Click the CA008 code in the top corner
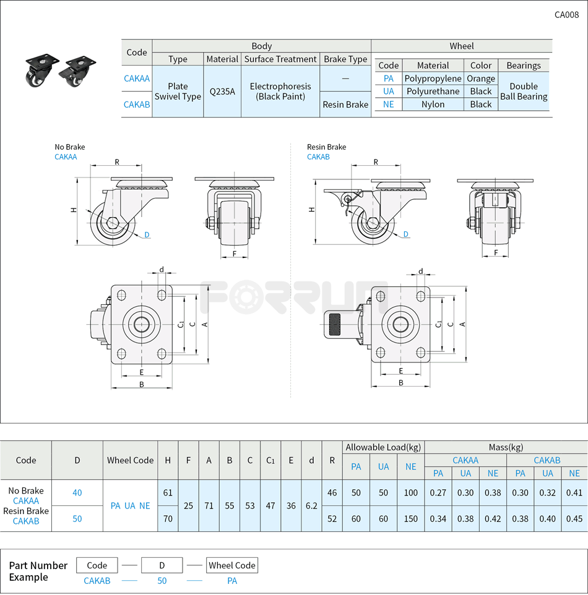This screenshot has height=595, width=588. tap(566, 15)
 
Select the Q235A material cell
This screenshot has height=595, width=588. tap(222, 92)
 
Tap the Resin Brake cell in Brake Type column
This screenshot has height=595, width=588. tap(345, 105)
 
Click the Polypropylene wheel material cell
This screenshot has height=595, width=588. tap(433, 79)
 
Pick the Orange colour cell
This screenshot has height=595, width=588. tap(481, 79)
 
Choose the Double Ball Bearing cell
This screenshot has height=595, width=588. tap(524, 92)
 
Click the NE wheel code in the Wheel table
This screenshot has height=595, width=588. tap(389, 105)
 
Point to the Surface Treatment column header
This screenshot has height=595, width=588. tap(280, 59)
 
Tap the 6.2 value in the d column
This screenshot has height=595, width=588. tap(311, 505)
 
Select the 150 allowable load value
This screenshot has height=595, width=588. tap(410, 519)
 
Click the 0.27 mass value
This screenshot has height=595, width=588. tap(438, 493)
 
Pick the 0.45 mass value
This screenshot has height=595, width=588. tap(574, 519)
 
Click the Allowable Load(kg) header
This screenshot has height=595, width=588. tap(383, 447)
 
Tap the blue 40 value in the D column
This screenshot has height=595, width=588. tap(77, 493)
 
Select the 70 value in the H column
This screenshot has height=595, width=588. tap(168, 519)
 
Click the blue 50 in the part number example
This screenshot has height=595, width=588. tap(162, 581)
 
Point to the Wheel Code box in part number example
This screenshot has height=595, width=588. tap(232, 565)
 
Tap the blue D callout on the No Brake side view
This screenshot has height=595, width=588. tap(147, 234)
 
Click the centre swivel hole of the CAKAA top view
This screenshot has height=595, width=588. tap(142, 324)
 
